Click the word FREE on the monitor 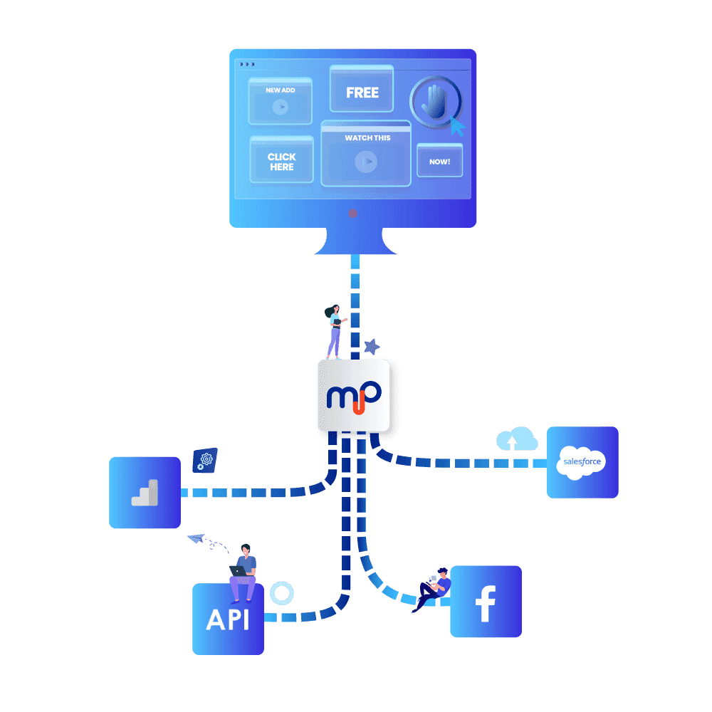point(362,93)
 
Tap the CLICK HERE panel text point(282,162)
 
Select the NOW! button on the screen point(439,162)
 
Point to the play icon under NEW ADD point(281,107)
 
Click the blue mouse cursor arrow point(457,127)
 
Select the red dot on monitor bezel point(352,213)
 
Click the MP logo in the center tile point(354,395)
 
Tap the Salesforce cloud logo point(582,462)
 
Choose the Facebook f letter point(486,601)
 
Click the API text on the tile point(228,619)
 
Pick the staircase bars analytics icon point(145,493)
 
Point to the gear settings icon point(205,461)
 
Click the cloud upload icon point(517,439)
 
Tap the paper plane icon point(196,539)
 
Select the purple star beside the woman point(371,347)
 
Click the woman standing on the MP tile point(334,332)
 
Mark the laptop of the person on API point(237,570)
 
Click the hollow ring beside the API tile point(282,592)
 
